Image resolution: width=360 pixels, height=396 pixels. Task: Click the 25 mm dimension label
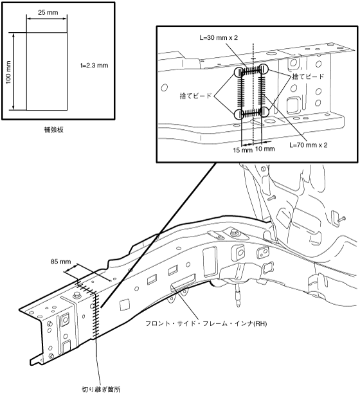[x=48, y=12]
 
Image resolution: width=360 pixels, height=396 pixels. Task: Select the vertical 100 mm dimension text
[x=8, y=72]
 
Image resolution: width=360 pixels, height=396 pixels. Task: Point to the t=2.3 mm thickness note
[x=94, y=66]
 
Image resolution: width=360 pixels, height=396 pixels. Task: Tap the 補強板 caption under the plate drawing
[x=53, y=130]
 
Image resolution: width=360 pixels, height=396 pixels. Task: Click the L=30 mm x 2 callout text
[x=219, y=38]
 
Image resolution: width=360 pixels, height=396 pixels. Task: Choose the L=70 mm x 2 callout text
[x=309, y=145]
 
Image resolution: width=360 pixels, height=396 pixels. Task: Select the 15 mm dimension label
[x=243, y=150]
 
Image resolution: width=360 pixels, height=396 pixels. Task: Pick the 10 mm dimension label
[x=265, y=148]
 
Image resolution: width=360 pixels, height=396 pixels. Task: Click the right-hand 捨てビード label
[x=308, y=76]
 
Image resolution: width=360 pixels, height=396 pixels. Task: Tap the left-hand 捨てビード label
[x=195, y=96]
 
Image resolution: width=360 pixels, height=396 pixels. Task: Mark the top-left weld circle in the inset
[x=239, y=72]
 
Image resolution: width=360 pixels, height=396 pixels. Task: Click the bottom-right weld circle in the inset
[x=264, y=112]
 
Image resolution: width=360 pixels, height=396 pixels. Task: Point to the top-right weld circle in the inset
[x=263, y=69]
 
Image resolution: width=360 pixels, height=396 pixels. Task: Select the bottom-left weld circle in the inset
[x=239, y=114]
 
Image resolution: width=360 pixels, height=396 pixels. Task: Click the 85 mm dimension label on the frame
[x=60, y=262]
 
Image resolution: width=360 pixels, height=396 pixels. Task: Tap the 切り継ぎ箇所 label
[x=101, y=390]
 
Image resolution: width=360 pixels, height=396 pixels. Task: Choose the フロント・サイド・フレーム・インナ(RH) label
[x=206, y=323]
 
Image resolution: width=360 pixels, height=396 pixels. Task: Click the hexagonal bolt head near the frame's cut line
[x=76, y=296]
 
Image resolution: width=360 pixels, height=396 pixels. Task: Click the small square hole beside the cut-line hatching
[x=125, y=305]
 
